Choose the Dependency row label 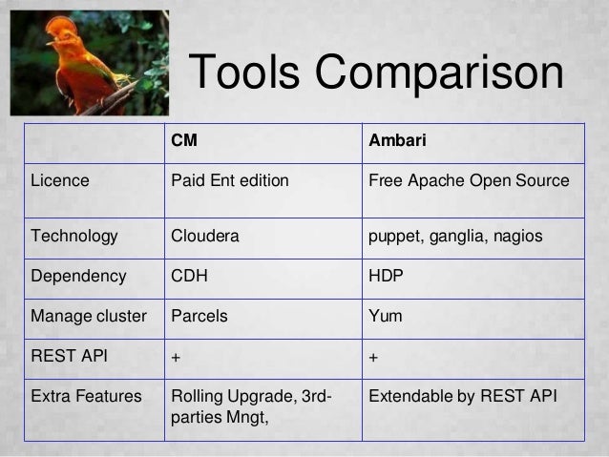point(78,277)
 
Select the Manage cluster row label point(90,316)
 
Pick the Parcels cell point(199,316)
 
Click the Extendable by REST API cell point(462,393)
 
